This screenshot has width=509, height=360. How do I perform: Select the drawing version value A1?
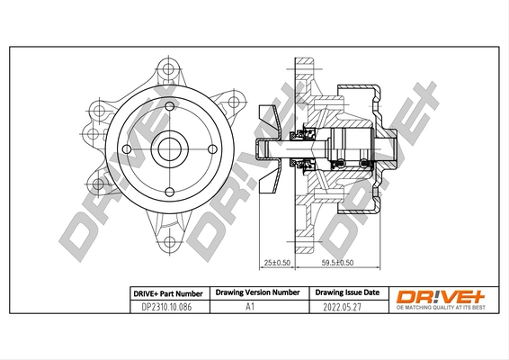[250, 307]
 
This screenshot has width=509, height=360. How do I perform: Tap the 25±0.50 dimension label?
[274, 263]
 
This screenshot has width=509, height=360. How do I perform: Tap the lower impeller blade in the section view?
[268, 183]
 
